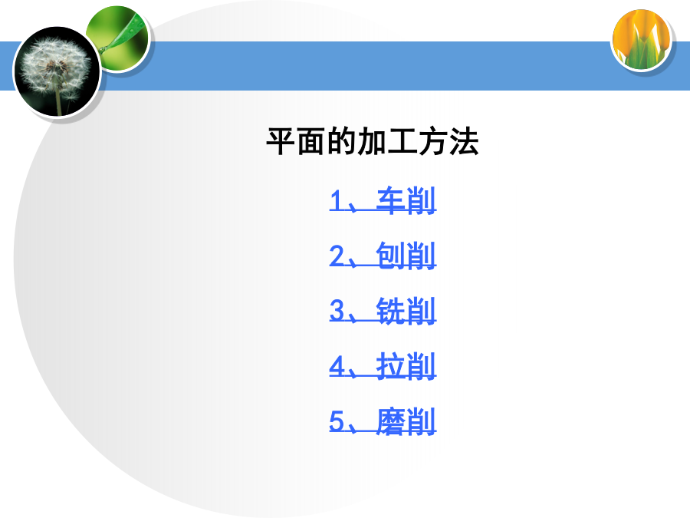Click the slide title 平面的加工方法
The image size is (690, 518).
[x=373, y=141]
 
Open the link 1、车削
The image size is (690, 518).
[x=383, y=200]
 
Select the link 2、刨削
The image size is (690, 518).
[x=383, y=256]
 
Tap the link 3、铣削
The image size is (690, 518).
[x=383, y=311]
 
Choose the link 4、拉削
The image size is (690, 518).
[x=383, y=365]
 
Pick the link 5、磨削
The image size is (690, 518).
[x=383, y=421]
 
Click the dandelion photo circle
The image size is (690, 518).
[x=58, y=72]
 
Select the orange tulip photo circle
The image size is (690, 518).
[x=642, y=40]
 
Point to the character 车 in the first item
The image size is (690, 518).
[x=390, y=200]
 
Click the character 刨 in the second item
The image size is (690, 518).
[x=390, y=256]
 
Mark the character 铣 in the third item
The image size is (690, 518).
[x=390, y=311]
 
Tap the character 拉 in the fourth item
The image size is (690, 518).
[x=390, y=365]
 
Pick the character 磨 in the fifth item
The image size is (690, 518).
[x=390, y=421]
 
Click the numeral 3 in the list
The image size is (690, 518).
[x=337, y=311]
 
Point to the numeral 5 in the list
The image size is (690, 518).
[x=337, y=421]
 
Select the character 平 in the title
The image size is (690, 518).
[x=281, y=141]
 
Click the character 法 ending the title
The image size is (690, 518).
[x=464, y=141]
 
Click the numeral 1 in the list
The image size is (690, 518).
[x=337, y=200]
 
